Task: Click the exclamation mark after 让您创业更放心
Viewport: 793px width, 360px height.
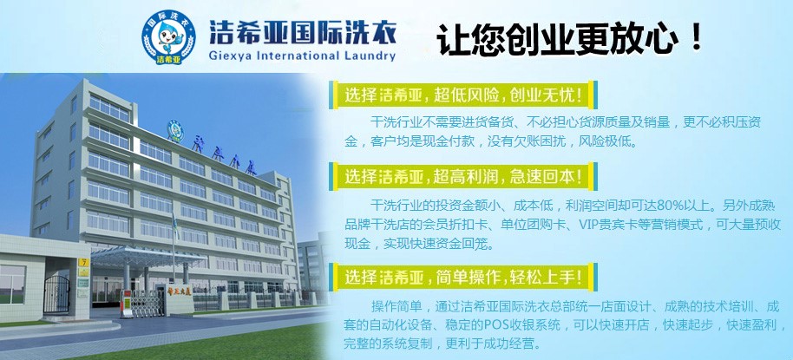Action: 694,39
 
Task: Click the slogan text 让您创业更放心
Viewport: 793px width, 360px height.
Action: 555,40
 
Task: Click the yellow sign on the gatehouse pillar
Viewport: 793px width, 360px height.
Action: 83,261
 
